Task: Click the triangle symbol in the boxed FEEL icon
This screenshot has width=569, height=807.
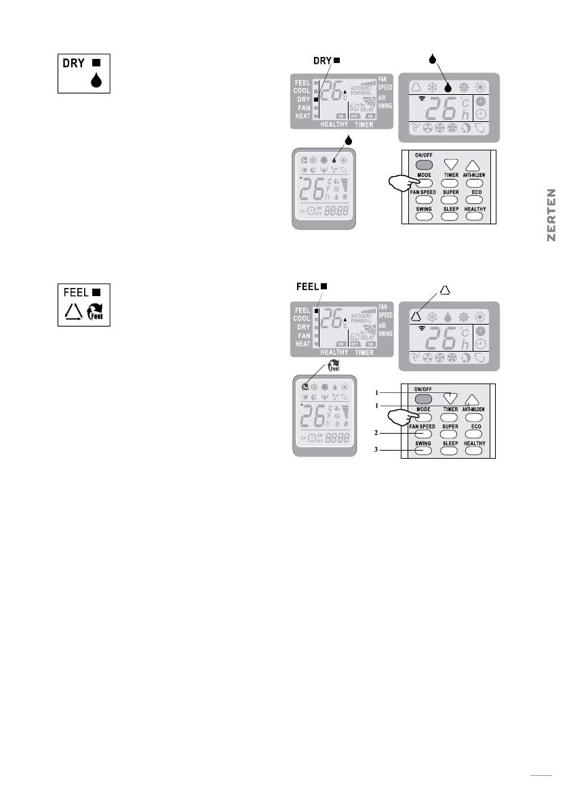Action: click(x=73, y=312)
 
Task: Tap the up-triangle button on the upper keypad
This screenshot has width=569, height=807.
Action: click(x=473, y=164)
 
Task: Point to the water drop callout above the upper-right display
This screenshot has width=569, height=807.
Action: click(x=431, y=59)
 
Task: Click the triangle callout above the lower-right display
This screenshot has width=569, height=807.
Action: click(x=445, y=291)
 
